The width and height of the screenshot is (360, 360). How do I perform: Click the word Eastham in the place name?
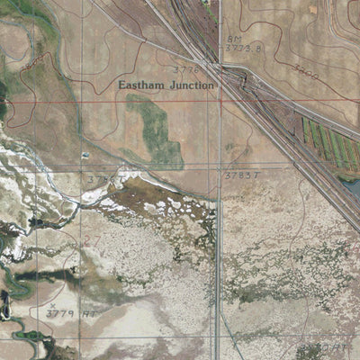pyautogui.click(x=141, y=85)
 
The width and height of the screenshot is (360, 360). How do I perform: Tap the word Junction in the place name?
pyautogui.click(x=190, y=85)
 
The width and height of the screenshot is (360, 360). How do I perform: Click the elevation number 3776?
pyautogui.click(x=184, y=67)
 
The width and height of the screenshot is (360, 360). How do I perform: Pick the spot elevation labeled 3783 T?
pyautogui.click(x=241, y=176)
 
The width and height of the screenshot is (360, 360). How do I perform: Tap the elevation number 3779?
pyautogui.click(x=58, y=313)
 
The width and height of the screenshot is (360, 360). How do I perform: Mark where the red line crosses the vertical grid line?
pyautogui.click(x=220, y=99)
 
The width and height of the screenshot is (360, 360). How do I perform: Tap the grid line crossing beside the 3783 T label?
pyautogui.click(x=220, y=168)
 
